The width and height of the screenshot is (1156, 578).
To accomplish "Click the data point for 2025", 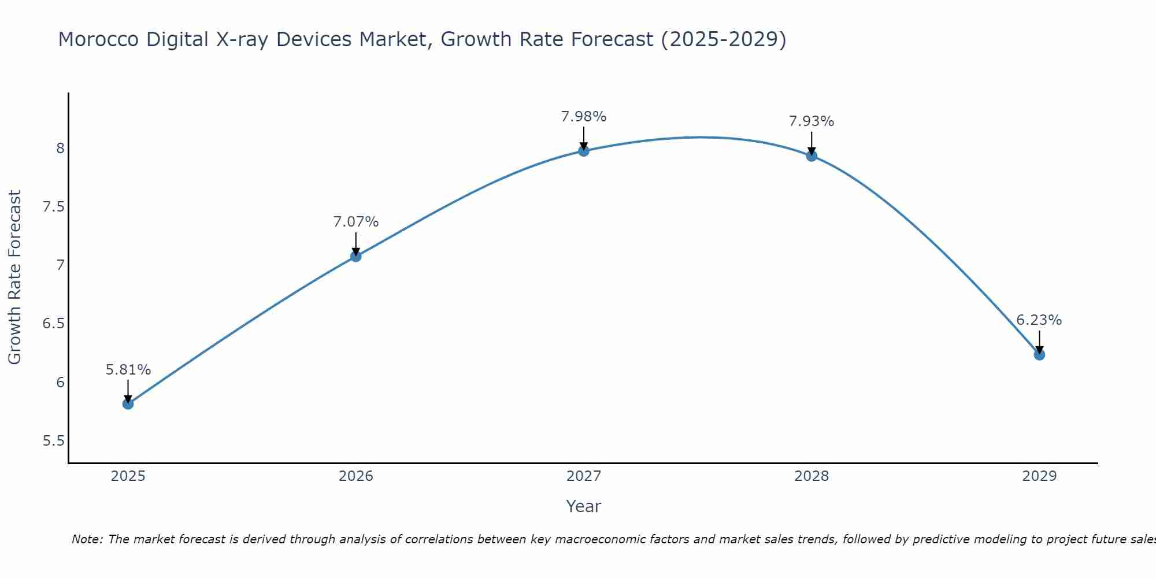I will [128, 403].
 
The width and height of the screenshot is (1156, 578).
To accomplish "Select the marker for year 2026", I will [356, 256].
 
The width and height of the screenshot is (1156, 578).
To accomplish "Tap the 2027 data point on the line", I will [584, 151].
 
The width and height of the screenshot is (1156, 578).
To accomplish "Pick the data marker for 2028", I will [812, 155].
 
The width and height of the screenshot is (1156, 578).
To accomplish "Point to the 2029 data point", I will [1039, 354].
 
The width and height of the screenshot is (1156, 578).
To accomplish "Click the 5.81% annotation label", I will [128, 370].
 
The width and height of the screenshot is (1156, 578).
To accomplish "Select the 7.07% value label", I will [356, 222].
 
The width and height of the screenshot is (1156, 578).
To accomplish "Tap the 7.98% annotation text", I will [584, 117].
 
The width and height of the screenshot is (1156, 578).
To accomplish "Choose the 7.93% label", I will [812, 121].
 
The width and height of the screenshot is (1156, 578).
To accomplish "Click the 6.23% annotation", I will [1039, 320].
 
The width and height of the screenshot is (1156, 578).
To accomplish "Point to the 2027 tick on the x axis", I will [584, 476].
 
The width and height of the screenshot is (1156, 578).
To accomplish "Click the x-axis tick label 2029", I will [1039, 476].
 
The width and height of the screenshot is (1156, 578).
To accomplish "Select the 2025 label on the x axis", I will [128, 476].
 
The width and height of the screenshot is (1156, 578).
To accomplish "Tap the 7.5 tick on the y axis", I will [53, 207].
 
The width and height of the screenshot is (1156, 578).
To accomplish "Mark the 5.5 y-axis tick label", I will [53, 441].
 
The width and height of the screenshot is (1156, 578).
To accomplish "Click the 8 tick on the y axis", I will [60, 149].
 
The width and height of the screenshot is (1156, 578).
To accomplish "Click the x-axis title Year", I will [584, 506].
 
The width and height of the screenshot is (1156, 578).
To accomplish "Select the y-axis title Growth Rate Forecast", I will [15, 277].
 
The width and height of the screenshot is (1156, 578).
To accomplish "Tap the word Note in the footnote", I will [87, 539].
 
